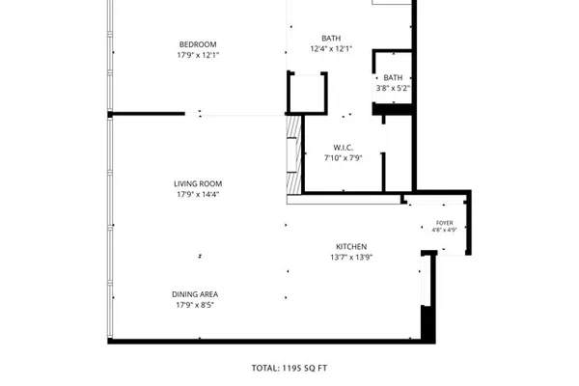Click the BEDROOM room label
pyautogui.click(x=198, y=44)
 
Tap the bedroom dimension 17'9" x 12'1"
pyautogui.click(x=198, y=55)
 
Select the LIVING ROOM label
pyautogui.click(x=198, y=184)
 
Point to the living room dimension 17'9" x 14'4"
pyautogui.click(x=198, y=194)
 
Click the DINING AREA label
pyautogui.click(x=195, y=294)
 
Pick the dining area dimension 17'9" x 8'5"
pyautogui.click(x=195, y=305)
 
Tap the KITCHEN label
pyautogui.click(x=351, y=247)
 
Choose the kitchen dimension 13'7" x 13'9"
pyautogui.click(x=351, y=257)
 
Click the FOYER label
pyautogui.click(x=445, y=223)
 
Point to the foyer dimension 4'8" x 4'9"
pyautogui.click(x=445, y=230)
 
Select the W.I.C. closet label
pyautogui.click(x=343, y=148)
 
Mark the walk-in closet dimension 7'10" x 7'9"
pyautogui.click(x=344, y=158)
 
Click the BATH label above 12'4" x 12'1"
pyautogui.click(x=331, y=39)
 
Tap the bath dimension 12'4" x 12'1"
pyautogui.click(x=331, y=49)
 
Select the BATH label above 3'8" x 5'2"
pyautogui.click(x=393, y=78)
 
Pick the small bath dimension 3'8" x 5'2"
pyautogui.click(x=394, y=88)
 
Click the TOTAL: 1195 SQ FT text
pyautogui.click(x=289, y=369)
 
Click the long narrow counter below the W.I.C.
pyautogui.click(x=345, y=200)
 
